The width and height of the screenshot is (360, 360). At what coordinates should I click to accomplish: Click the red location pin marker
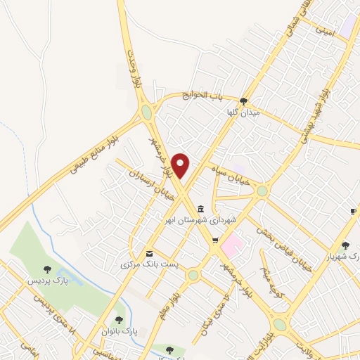tap(181, 165)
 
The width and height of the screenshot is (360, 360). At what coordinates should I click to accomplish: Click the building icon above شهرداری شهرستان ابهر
tap(202, 209)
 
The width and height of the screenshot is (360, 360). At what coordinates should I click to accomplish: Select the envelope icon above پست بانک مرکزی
tap(148, 254)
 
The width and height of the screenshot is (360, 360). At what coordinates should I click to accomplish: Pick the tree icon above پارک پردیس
tap(47, 269)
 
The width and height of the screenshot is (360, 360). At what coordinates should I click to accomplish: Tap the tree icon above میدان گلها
tap(243, 101)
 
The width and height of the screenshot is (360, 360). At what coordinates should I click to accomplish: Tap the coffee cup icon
tap(352, 212)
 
